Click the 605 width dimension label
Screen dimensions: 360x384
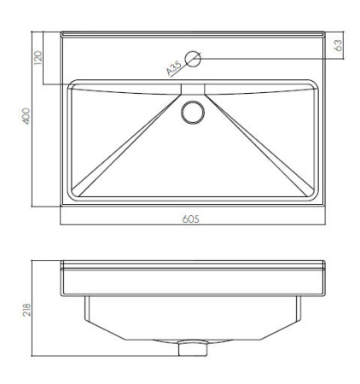[x=190, y=219]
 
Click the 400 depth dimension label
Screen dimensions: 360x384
[x=26, y=116]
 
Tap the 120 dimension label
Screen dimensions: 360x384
[x=38, y=58]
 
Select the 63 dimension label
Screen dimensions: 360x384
[x=339, y=45]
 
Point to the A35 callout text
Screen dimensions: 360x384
[x=174, y=68]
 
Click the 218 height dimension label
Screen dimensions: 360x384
[x=26, y=310]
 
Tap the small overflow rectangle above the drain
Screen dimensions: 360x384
[x=193, y=89]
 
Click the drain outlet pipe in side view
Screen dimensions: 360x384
[x=193, y=349]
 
